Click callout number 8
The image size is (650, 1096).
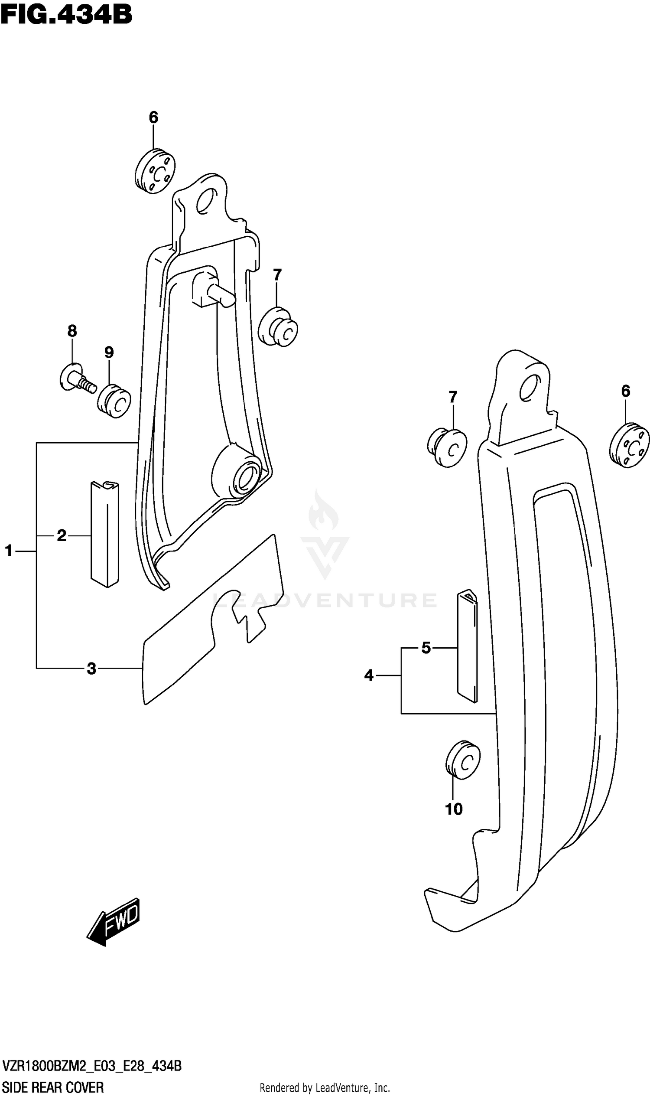click(72, 331)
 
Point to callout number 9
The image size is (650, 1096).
click(109, 352)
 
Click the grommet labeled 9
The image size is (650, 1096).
click(114, 401)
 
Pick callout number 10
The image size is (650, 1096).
click(454, 809)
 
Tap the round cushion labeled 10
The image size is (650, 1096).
click(462, 760)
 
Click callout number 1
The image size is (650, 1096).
click(9, 551)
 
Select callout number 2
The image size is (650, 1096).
click(62, 535)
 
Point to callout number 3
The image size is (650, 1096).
click(91, 668)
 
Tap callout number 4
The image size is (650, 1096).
click(369, 675)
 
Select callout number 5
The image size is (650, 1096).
click(426, 647)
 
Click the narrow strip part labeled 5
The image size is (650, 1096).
click(468, 646)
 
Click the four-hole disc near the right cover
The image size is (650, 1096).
click(629, 445)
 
